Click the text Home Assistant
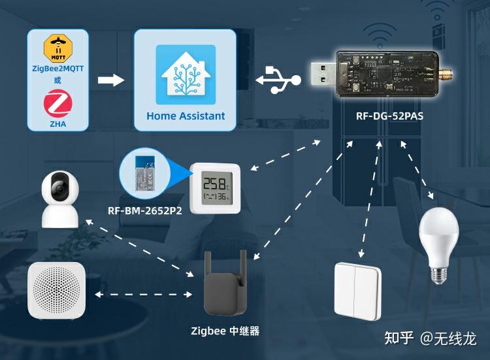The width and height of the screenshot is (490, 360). tap(186, 116)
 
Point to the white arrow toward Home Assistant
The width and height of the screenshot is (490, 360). tap(110, 80)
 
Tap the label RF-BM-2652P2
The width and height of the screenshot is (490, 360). tap(144, 211)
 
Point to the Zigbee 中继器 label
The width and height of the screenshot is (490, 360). tap(225, 331)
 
